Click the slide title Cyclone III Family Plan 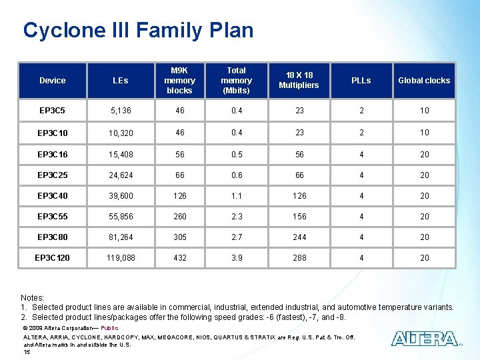[138, 31]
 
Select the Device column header [53, 81]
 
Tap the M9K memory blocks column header [179, 81]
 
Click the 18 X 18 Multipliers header [299, 81]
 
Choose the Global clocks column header [424, 81]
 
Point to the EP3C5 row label [52, 111]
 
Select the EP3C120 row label [53, 258]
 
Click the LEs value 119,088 [121, 258]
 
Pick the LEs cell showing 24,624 [121, 175]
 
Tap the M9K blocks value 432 [179, 258]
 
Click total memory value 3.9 [237, 258]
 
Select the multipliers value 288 [299, 258]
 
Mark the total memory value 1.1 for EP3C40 [237, 196]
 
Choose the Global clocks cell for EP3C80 [424, 237]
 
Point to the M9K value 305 [179, 237]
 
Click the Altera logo [424, 339]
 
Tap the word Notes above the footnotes [32, 297]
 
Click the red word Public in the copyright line [109, 328]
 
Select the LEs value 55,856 [121, 217]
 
